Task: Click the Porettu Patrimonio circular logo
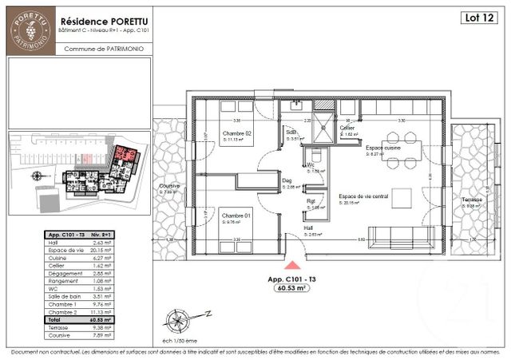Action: pyautogui.click(x=31, y=31)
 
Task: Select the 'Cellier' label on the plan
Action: pyautogui.click(x=347, y=128)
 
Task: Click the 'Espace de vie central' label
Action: pyautogui.click(x=363, y=196)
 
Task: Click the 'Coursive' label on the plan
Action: pyautogui.click(x=169, y=188)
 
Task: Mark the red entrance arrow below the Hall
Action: pyautogui.click(x=293, y=264)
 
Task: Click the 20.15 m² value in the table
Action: pyautogui.click(x=98, y=250)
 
